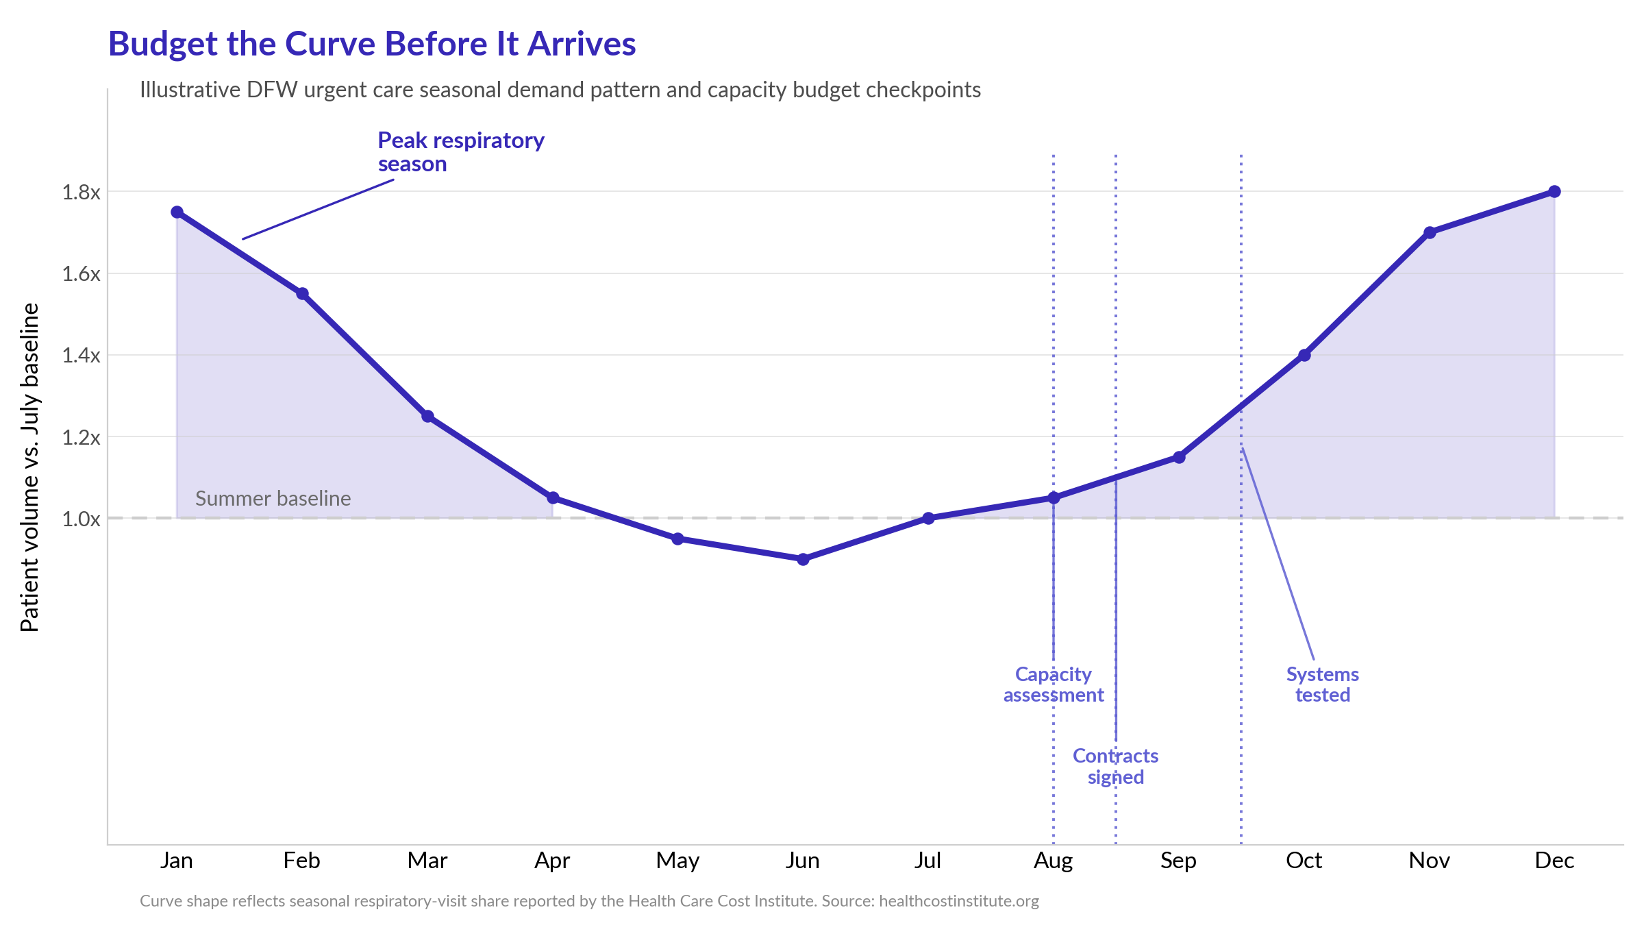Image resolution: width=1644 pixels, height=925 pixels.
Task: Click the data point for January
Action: tap(177, 212)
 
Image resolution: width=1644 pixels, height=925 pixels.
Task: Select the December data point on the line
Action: tap(1555, 191)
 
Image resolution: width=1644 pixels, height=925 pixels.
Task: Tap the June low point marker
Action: tap(804, 559)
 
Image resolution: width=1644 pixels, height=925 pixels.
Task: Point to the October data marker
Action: tap(1304, 355)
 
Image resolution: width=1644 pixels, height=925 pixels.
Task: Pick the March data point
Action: tap(427, 416)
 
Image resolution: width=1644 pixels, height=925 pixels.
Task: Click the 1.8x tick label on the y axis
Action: tap(81, 193)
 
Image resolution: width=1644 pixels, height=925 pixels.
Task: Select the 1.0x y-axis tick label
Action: tap(81, 519)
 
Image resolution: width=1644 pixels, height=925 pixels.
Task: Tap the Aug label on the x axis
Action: tap(1054, 861)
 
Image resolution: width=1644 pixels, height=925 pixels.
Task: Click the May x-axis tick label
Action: tap(677, 861)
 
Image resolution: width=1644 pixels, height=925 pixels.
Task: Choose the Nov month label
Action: tap(1430, 861)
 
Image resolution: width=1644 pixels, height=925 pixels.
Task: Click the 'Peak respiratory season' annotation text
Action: tap(461, 152)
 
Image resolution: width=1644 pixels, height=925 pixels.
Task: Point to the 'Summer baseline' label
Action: tap(273, 498)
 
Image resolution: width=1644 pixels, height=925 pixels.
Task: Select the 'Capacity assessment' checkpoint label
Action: tap(1054, 684)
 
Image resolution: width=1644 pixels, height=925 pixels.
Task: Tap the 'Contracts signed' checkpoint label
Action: tap(1116, 766)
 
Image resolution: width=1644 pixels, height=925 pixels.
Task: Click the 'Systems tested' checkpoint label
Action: tap(1323, 684)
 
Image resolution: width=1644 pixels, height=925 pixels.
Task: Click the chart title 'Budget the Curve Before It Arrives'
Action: tap(372, 44)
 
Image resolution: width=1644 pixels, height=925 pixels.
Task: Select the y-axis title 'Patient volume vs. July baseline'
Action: tap(29, 467)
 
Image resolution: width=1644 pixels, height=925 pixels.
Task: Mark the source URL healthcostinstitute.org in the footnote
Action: tap(959, 901)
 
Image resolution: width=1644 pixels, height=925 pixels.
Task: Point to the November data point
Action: tap(1430, 232)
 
